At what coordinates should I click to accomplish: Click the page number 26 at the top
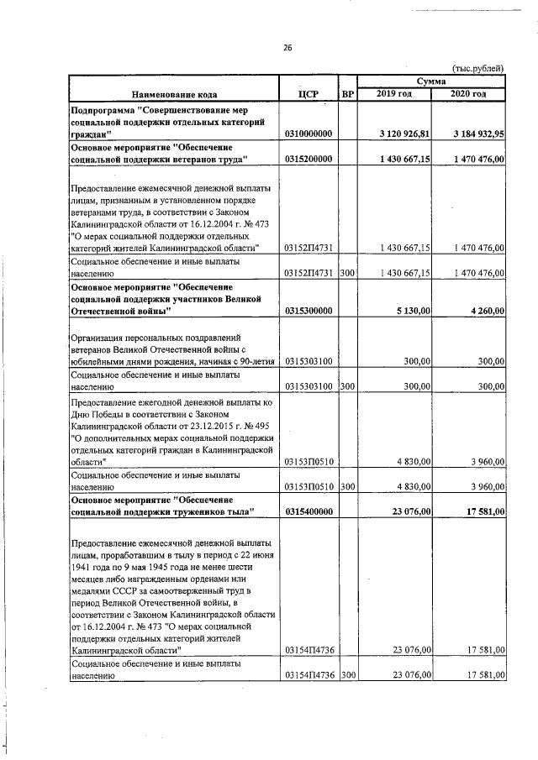point(287,48)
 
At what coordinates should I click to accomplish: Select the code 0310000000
point(309,134)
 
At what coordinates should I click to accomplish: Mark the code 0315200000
point(309,158)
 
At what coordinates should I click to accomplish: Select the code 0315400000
point(309,511)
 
